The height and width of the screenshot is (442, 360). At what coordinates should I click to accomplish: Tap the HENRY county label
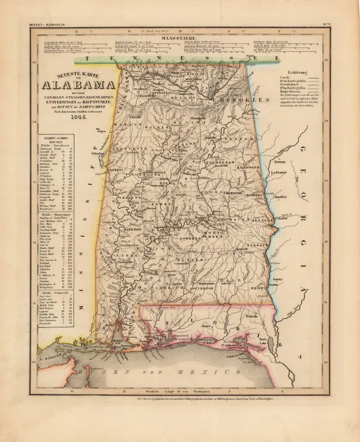[257, 289]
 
